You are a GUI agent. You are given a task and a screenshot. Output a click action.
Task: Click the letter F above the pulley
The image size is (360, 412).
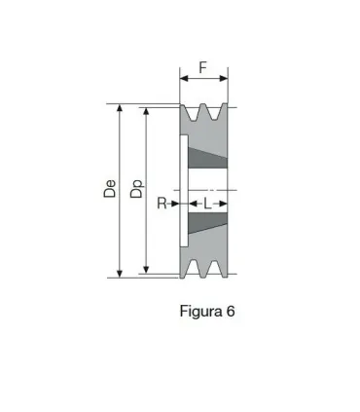click(202, 68)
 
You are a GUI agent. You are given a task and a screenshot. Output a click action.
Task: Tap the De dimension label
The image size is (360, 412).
click(110, 191)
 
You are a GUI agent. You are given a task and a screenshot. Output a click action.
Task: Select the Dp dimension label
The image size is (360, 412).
click(136, 191)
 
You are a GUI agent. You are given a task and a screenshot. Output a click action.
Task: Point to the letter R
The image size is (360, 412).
click(162, 204)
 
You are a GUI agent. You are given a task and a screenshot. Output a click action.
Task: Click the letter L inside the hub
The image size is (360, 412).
click(207, 204)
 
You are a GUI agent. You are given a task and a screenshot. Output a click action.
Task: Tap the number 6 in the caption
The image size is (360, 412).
click(231, 313)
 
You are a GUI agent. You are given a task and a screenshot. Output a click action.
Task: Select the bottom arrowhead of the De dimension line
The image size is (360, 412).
click(120, 273)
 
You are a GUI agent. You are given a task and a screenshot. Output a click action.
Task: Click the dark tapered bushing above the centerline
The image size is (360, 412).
click(206, 159)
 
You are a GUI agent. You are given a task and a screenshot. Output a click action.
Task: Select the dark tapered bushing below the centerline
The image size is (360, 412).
click(206, 223)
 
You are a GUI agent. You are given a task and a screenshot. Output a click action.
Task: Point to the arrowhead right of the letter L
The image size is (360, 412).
click(224, 204)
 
